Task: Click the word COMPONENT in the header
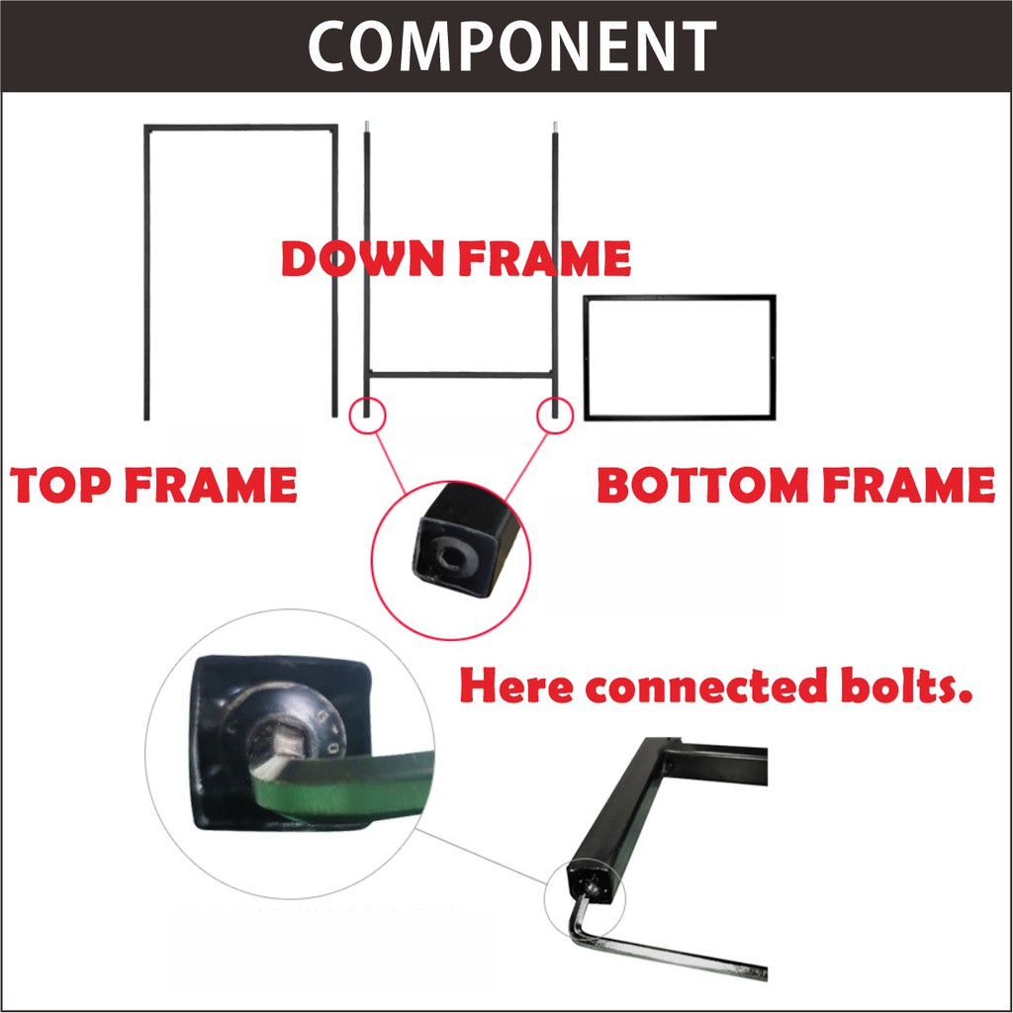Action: coord(511,46)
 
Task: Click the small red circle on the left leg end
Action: coord(366,414)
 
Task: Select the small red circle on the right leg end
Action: coord(555,414)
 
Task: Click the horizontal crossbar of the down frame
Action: coord(460,374)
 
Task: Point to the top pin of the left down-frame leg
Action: coord(366,126)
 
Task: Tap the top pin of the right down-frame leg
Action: coord(555,126)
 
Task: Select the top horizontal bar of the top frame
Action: coord(240,127)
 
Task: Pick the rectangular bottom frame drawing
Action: coord(680,356)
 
